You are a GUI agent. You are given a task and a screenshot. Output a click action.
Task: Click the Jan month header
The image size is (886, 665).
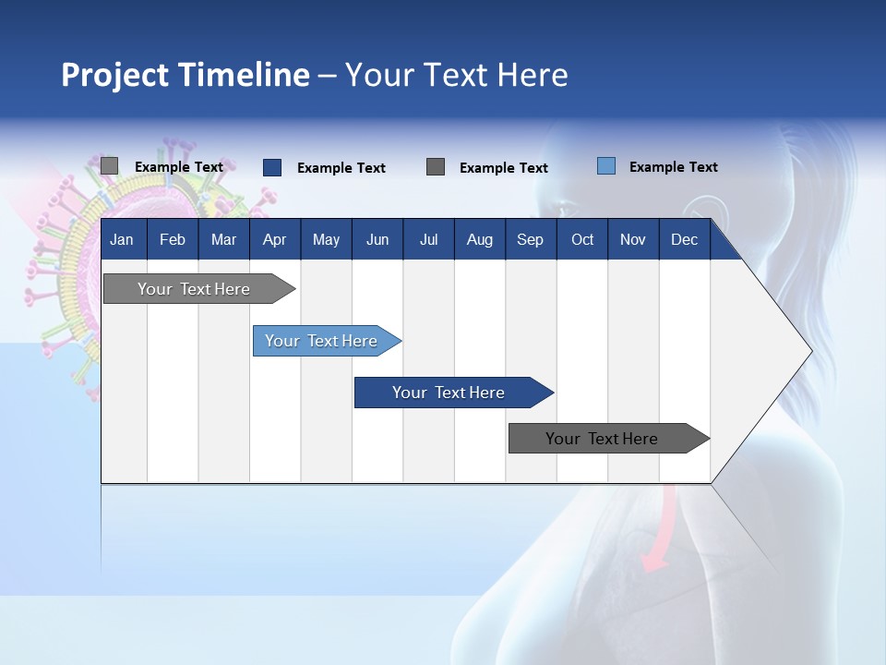(122, 239)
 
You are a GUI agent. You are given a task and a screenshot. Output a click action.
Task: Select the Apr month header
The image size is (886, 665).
(274, 239)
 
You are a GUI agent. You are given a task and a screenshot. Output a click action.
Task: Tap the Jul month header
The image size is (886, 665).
(428, 239)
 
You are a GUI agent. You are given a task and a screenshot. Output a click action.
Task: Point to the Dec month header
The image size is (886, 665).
(684, 239)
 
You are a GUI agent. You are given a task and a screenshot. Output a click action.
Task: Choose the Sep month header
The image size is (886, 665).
(530, 239)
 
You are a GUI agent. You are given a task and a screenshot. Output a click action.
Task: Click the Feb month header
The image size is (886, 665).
(173, 239)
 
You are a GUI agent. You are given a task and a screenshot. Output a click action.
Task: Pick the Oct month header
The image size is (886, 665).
(582, 239)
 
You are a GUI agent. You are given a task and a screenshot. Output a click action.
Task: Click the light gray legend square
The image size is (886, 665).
(109, 166)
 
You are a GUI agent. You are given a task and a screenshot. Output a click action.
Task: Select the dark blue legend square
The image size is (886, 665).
(272, 167)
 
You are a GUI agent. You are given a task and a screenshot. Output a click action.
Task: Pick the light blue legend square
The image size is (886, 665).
(606, 166)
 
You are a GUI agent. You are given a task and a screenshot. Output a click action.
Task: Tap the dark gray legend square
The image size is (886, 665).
(436, 167)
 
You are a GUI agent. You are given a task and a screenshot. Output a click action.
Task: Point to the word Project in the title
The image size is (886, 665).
(115, 75)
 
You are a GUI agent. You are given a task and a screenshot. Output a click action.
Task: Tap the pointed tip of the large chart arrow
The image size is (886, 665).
(810, 351)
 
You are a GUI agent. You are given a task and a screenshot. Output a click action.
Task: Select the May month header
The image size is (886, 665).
(326, 239)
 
